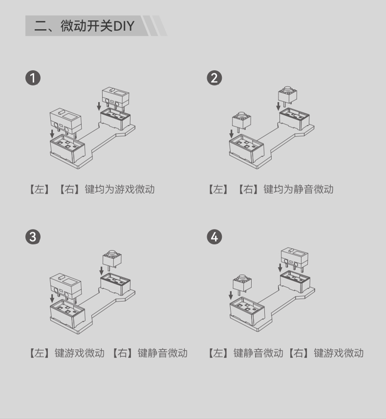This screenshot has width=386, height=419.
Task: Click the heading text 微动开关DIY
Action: (x=97, y=26)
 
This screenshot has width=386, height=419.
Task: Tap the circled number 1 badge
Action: (x=33, y=78)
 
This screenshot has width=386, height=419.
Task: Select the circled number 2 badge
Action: (x=214, y=78)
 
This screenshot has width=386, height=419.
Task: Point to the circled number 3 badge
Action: (x=33, y=237)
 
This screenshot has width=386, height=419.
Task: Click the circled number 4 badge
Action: (x=214, y=237)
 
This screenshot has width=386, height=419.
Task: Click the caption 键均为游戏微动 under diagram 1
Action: (x=120, y=189)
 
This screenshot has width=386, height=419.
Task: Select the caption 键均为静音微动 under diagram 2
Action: (x=299, y=189)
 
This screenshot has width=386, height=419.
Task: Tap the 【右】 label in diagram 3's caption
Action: (x=122, y=353)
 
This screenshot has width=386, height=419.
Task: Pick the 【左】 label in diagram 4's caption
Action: (x=218, y=353)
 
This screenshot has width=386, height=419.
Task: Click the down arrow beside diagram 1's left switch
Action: (x=52, y=134)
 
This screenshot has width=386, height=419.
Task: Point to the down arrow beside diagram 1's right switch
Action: (x=99, y=106)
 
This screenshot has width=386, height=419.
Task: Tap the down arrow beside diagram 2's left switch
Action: (x=232, y=134)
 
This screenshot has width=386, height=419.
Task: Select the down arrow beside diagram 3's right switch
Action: (x=101, y=271)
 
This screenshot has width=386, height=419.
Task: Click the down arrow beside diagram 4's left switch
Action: (x=231, y=295)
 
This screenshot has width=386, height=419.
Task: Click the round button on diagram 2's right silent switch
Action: (x=288, y=89)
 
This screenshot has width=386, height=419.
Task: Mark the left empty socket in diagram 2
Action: (x=246, y=148)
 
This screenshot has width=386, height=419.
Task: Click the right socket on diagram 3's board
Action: (x=115, y=284)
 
